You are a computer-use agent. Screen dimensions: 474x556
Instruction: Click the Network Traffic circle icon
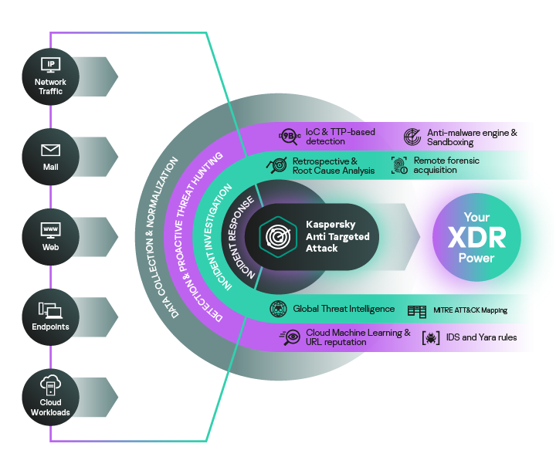[x=50, y=75]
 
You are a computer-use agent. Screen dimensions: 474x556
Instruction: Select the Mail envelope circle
[x=50, y=155]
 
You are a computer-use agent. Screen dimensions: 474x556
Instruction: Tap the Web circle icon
[x=50, y=236]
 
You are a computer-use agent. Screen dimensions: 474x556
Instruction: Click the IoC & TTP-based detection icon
[x=289, y=137]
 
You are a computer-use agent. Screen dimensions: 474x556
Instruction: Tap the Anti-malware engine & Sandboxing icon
[x=412, y=137]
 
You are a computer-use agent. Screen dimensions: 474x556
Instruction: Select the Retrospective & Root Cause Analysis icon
[x=276, y=165]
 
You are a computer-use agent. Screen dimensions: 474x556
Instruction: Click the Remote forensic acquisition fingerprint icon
[x=398, y=165]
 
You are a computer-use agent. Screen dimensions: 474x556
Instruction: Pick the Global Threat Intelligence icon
[x=278, y=310]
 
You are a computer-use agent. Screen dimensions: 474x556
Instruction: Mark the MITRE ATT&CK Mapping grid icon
[x=417, y=311]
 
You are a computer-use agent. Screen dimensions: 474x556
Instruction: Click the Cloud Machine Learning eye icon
[x=291, y=337]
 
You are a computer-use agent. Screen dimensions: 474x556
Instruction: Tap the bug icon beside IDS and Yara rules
[x=430, y=338]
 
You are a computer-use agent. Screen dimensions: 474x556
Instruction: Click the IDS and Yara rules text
[x=481, y=338]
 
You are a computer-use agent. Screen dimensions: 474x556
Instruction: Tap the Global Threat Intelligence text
[x=344, y=310]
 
